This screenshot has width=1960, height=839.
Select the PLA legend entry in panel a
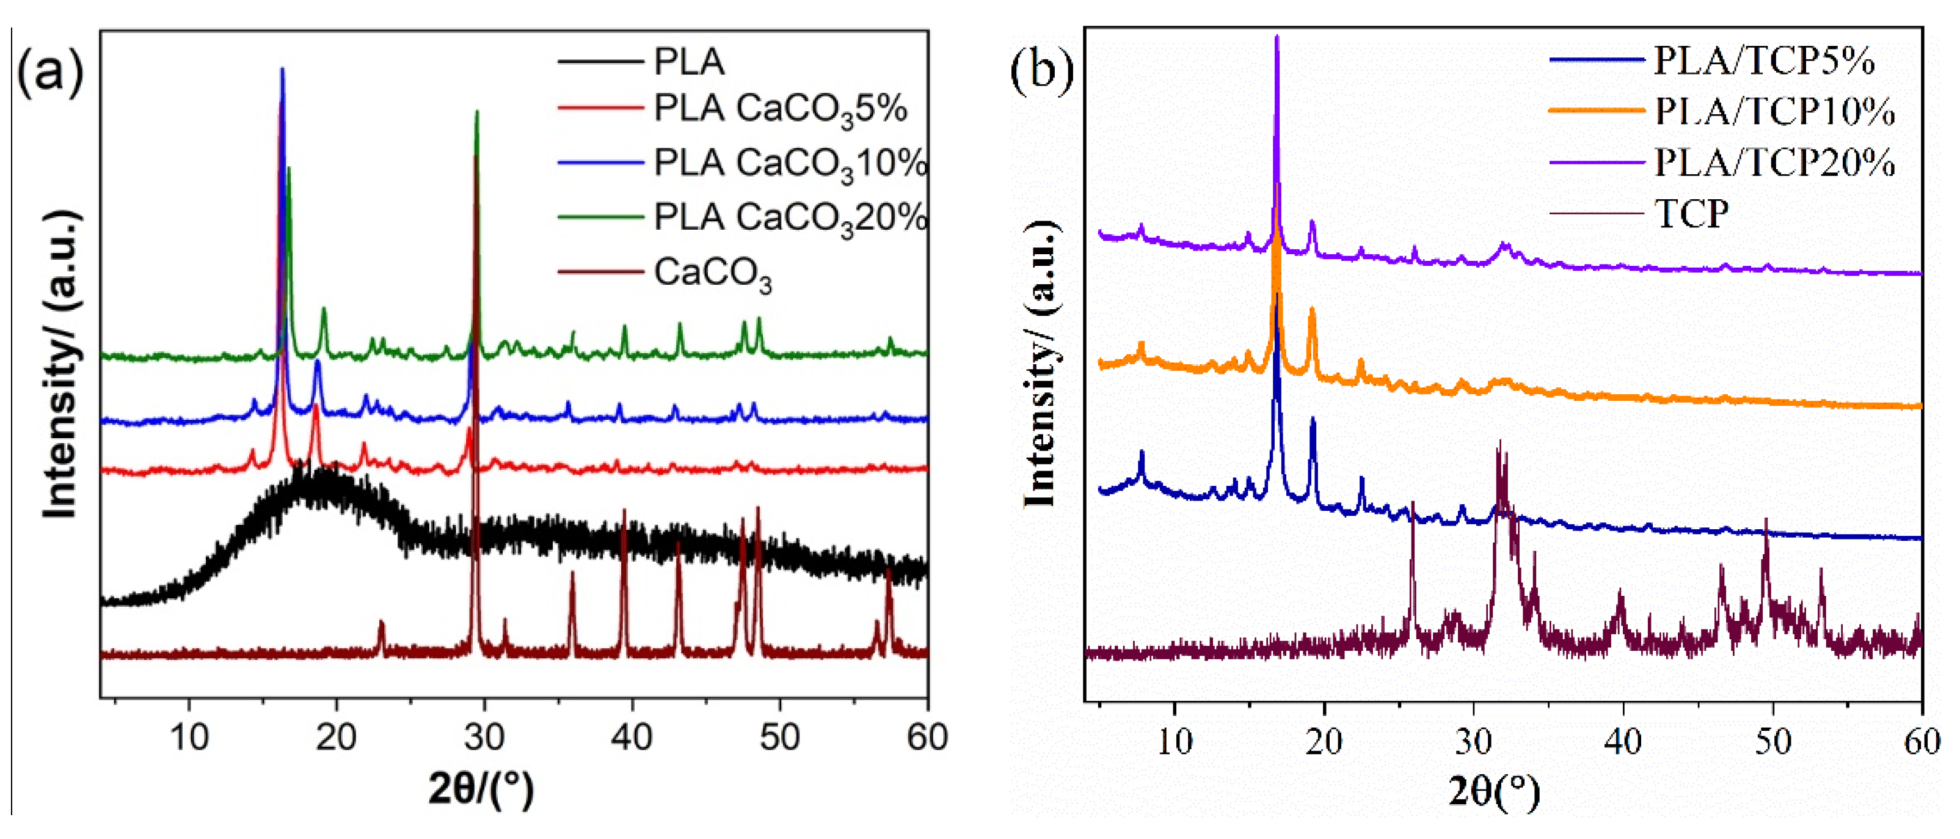[688, 62]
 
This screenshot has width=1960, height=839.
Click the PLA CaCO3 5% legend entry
[780, 109]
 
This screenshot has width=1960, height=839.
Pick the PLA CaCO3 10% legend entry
[790, 164]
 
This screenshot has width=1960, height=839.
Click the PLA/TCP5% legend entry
[1764, 61]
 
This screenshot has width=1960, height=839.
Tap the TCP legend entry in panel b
[1691, 213]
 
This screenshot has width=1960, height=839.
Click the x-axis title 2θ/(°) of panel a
[481, 789]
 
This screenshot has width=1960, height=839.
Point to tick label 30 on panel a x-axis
[484, 737]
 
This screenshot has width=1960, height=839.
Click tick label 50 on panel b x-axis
[1773, 741]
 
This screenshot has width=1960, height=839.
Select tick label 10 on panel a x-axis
[189, 737]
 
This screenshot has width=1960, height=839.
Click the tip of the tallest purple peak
[1277, 37]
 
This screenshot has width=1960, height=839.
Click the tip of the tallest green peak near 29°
[477, 112]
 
